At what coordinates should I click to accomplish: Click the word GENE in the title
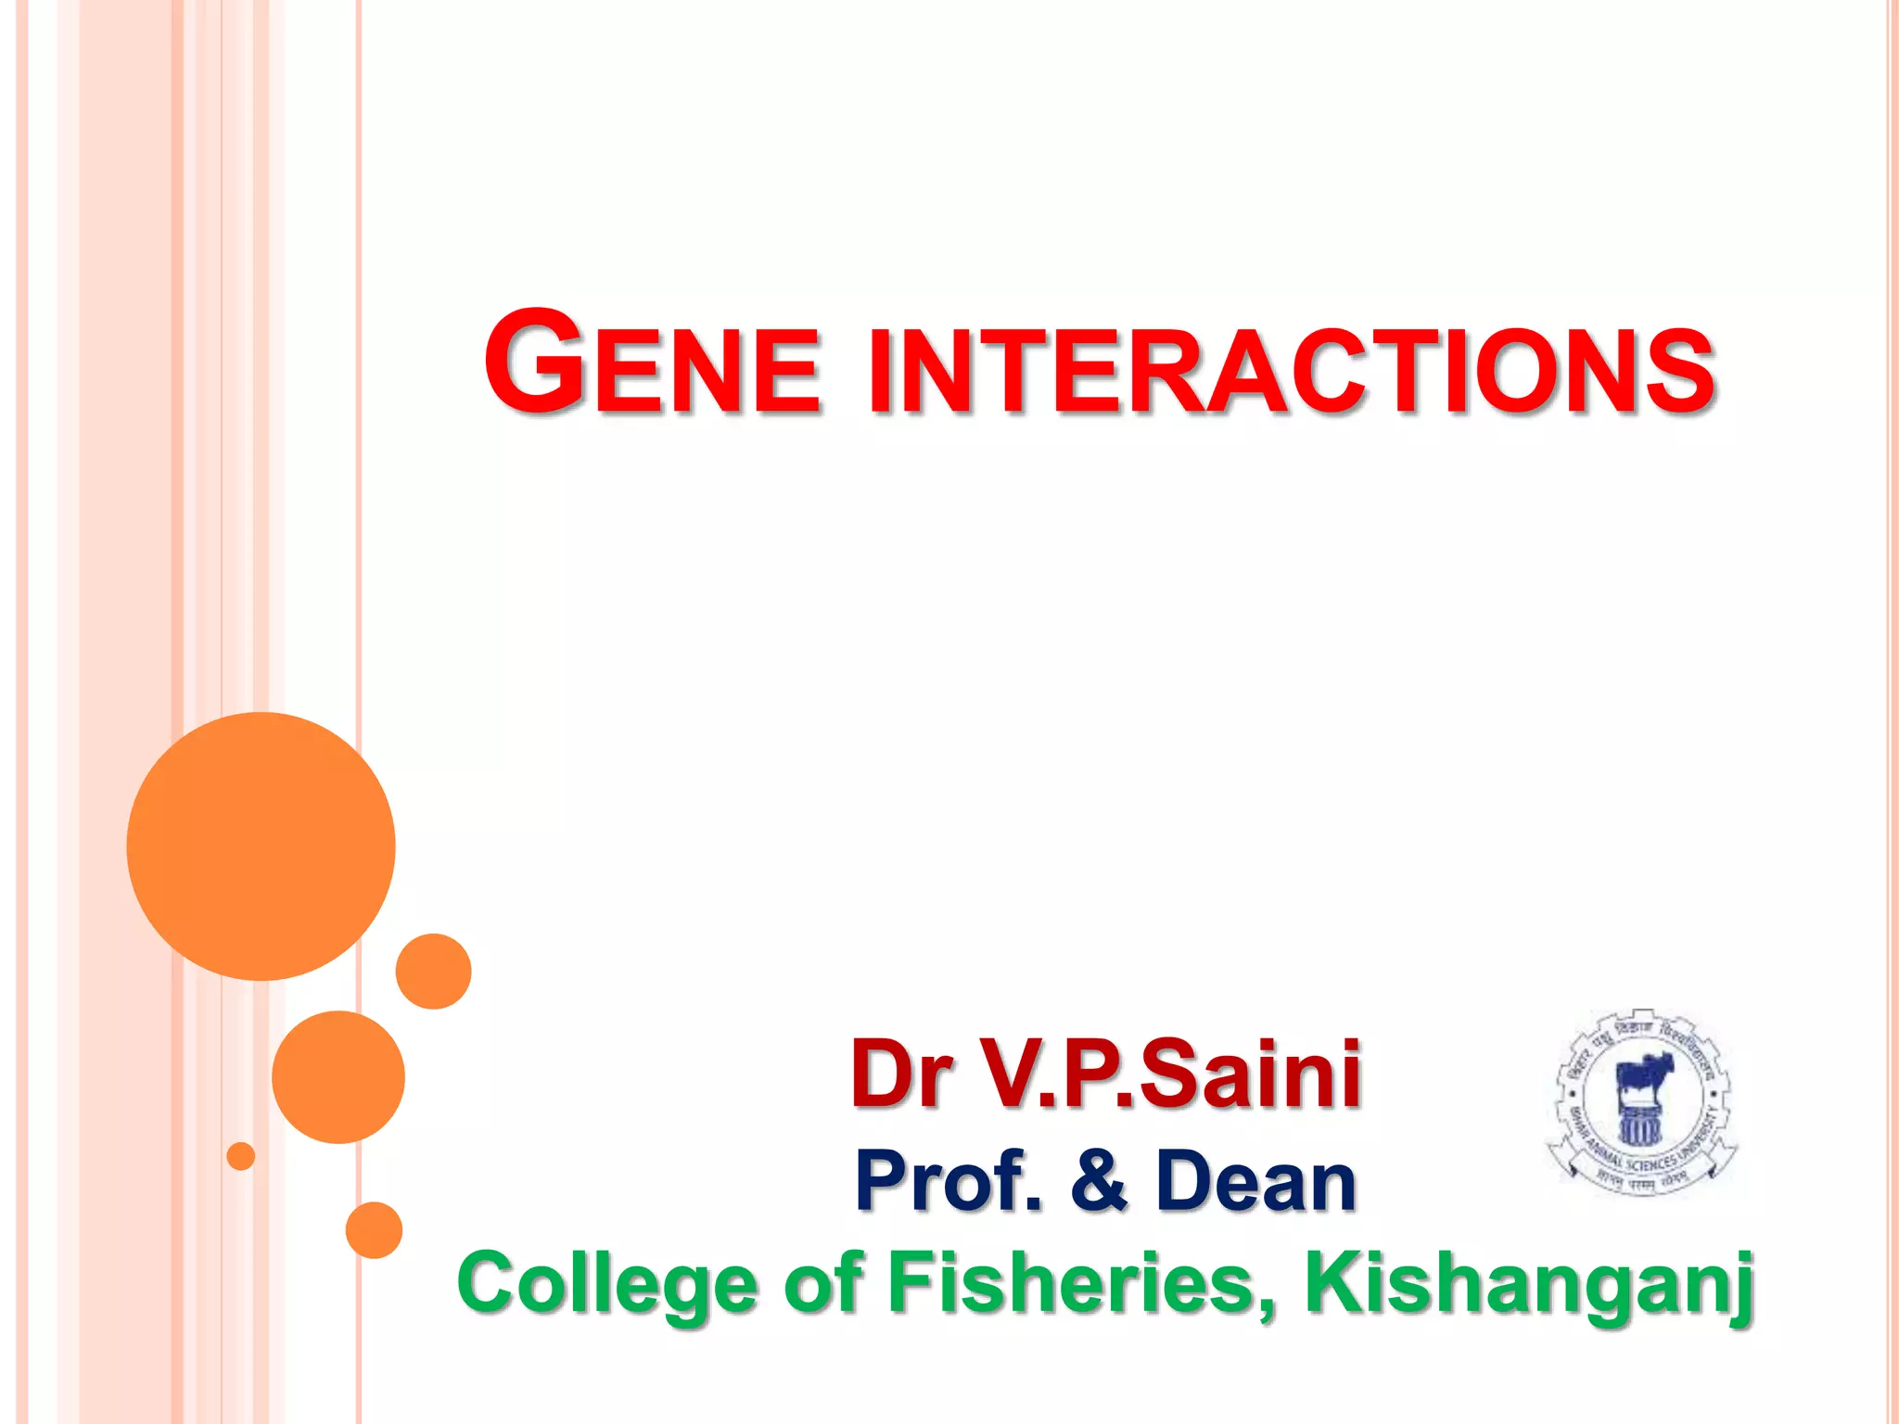652,364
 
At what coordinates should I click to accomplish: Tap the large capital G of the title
534,362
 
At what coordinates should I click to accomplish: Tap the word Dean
1256,1181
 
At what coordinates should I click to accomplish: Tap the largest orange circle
261,845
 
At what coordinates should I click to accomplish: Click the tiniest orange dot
241,1156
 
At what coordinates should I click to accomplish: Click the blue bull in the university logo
1644,1075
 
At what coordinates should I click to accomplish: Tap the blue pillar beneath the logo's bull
1639,1125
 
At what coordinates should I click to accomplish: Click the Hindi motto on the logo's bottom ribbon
1641,1183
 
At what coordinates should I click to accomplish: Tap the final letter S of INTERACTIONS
1682,372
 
